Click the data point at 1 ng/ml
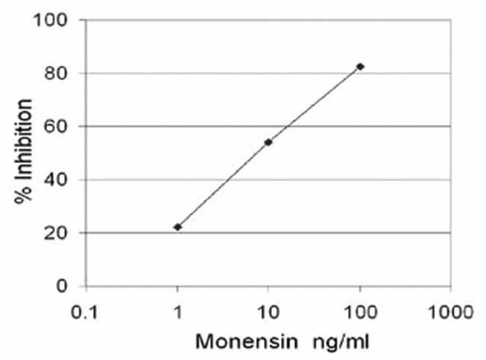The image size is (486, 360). pyautogui.click(x=177, y=227)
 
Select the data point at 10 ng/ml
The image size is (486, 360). pyautogui.click(x=268, y=142)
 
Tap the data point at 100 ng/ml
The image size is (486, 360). pyautogui.click(x=360, y=67)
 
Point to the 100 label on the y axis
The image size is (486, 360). pyautogui.click(x=54, y=19)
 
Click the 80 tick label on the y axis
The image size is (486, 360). pyautogui.click(x=59, y=73)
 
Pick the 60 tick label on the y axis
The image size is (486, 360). pyautogui.click(x=59, y=126)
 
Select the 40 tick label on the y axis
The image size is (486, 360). pyautogui.click(x=59, y=180)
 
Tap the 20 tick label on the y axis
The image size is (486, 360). pyautogui.click(x=59, y=233)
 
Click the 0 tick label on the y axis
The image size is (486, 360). pyautogui.click(x=65, y=286)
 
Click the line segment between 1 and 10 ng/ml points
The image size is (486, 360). pyautogui.click(x=223, y=184)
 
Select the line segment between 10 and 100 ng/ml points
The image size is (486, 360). pyautogui.click(x=314, y=105)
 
